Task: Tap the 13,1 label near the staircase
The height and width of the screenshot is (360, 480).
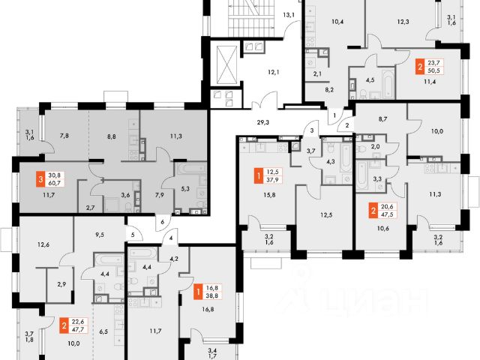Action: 289,14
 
